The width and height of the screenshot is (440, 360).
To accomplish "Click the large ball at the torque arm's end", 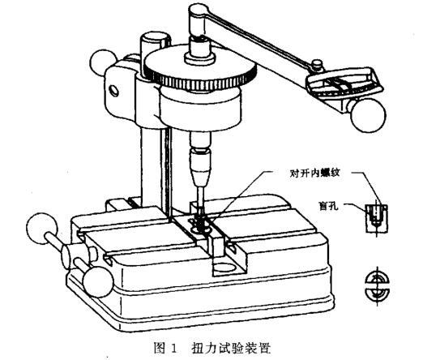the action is coord(368,115).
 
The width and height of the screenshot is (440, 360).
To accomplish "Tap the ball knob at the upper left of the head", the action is coord(102,62).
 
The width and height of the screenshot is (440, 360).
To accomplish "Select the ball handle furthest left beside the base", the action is coord(42,228).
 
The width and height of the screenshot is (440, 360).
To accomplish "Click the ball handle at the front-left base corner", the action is coord(98,282).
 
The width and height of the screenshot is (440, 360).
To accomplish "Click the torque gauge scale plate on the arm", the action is coord(344,81).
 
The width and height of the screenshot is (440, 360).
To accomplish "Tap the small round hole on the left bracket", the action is coord(114,91).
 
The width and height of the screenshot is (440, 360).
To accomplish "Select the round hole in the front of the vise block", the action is coord(224,267).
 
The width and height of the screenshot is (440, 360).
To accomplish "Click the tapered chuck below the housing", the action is coord(200,168).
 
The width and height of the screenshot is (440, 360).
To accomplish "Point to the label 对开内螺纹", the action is coord(314,174).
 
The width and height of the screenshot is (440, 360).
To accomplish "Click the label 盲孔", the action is coord(329,206).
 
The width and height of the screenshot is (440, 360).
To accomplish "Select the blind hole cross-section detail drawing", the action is coord(377,218).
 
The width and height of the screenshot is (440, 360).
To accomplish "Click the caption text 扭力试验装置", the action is coord(231,348).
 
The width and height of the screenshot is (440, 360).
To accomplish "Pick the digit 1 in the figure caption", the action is coord(173,349).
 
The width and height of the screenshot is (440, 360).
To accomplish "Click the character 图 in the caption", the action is coord(159,348).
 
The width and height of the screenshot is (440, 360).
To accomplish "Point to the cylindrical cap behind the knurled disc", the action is coord(156,43).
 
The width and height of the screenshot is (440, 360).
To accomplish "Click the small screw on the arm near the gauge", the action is coord(317,64).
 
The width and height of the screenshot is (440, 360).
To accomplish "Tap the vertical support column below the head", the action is coord(154,169).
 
